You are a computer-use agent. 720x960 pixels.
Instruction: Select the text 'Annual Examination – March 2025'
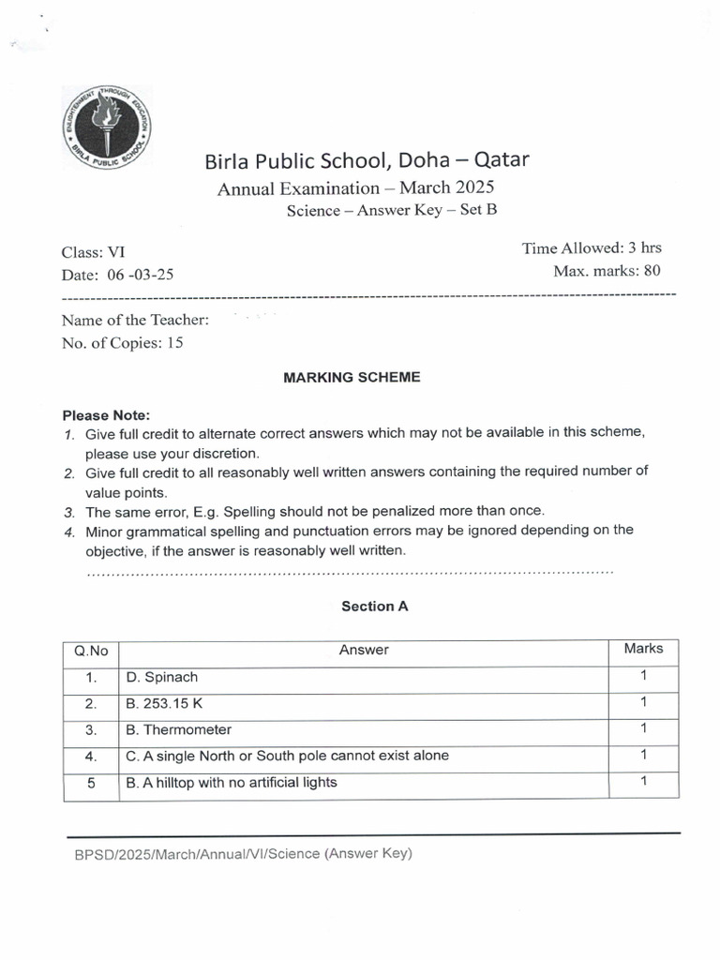point(355,188)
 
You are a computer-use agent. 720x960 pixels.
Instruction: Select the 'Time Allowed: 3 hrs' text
point(591,248)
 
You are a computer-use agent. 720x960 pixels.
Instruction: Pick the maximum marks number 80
point(652,271)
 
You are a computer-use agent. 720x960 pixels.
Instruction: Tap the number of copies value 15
point(174,343)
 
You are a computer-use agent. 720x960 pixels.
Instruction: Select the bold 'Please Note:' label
point(106,414)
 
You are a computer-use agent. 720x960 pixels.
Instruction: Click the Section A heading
point(374,607)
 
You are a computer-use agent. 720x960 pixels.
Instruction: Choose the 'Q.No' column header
point(91,650)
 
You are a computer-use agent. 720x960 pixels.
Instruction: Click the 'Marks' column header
point(643,649)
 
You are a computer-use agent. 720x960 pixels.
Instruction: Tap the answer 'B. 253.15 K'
point(167,703)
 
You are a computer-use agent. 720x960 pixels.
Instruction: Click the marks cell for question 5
point(643,781)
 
